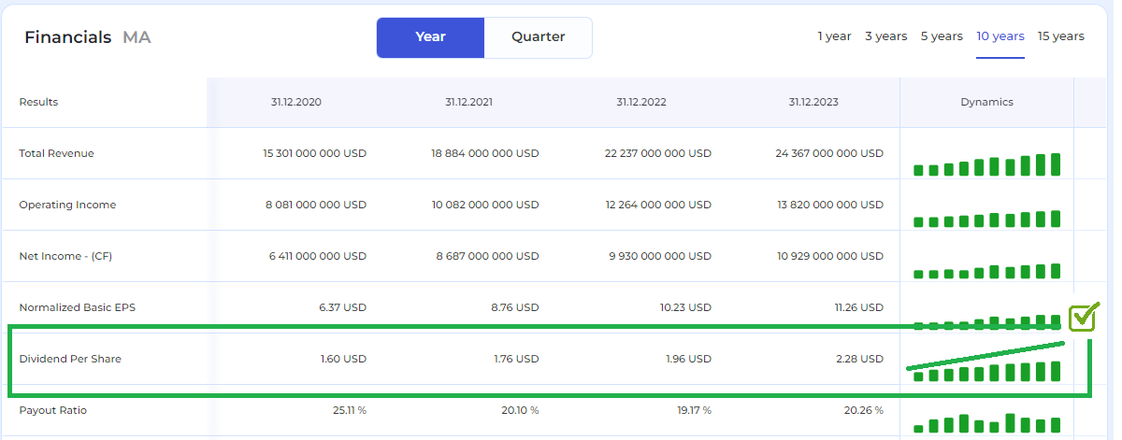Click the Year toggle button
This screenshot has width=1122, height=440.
tap(430, 37)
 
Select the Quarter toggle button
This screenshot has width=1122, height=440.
tap(538, 37)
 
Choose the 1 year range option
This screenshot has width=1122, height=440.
tap(834, 36)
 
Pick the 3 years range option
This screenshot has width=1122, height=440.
tap(885, 36)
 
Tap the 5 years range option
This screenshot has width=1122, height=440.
tap(942, 36)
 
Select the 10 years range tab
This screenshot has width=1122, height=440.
tap(1000, 36)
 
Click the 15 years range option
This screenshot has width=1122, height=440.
tap(1061, 36)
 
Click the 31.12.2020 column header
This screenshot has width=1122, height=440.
tap(296, 102)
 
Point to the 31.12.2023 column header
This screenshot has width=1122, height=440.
tap(813, 102)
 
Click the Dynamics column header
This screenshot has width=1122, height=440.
tap(986, 102)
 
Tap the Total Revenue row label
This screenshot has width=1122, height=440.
tap(56, 153)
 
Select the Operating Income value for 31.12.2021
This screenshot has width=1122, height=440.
tap(484, 205)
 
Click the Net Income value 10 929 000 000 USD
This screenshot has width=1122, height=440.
tap(829, 256)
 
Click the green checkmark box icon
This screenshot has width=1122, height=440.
tap(1083, 317)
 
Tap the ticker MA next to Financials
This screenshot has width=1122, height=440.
tap(137, 37)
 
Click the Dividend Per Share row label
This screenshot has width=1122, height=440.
tap(70, 359)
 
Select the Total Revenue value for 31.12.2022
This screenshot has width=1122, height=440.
tap(657, 153)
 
